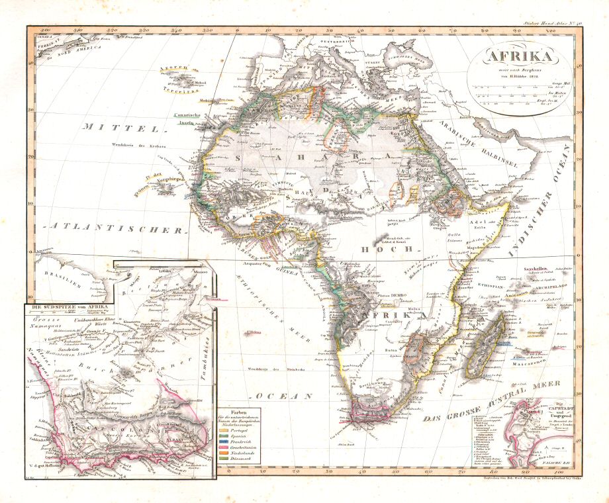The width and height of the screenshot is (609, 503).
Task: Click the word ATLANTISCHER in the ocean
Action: tap(115, 229)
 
